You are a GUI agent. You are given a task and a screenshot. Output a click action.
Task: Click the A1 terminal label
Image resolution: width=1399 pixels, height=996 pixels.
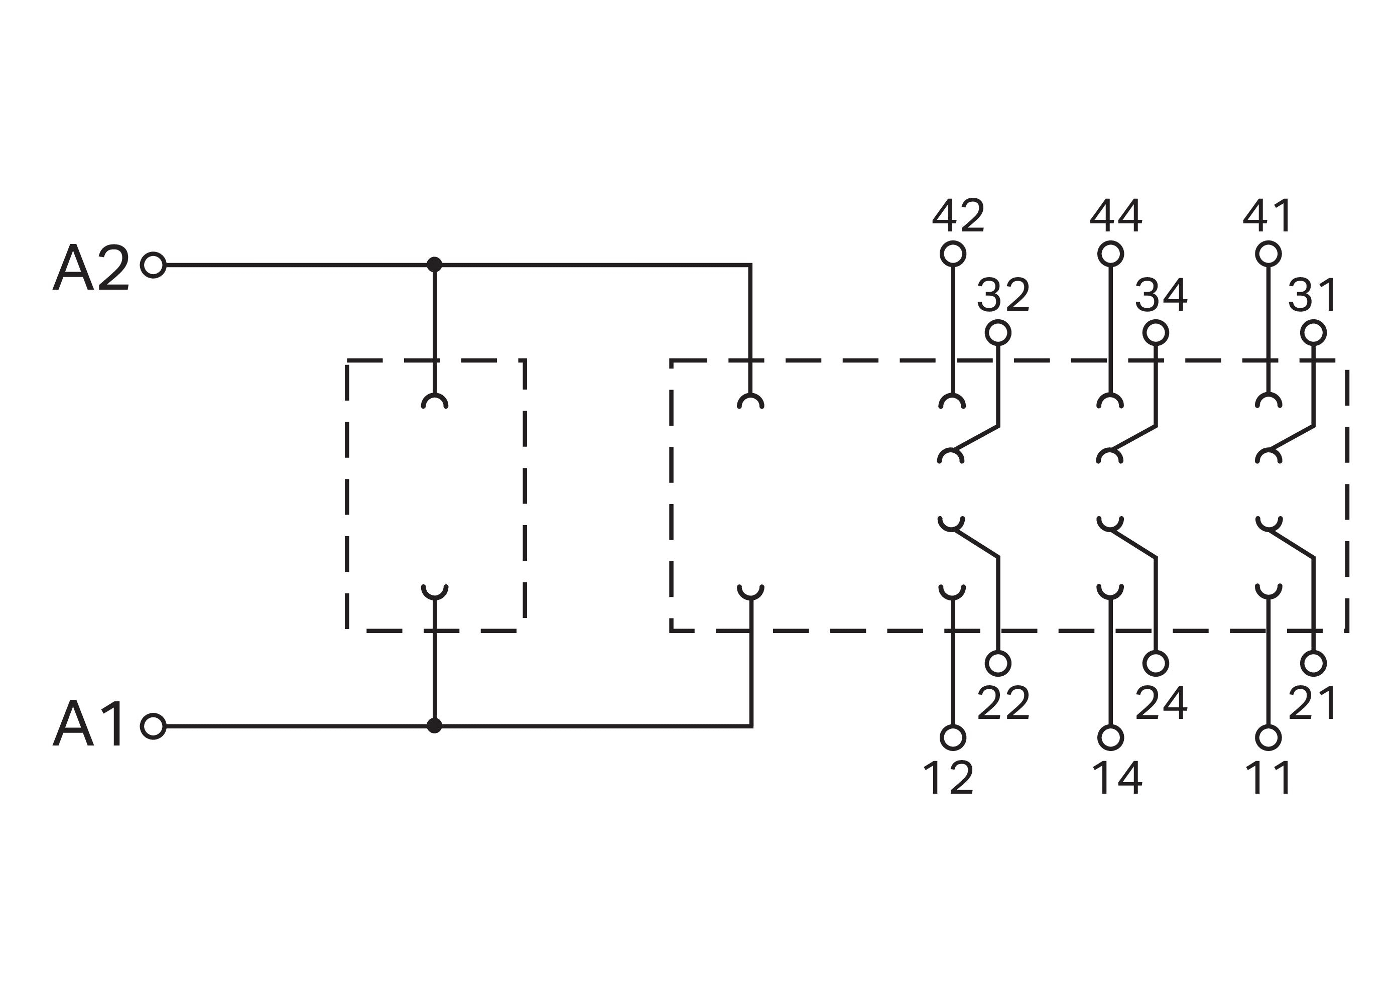click(89, 725)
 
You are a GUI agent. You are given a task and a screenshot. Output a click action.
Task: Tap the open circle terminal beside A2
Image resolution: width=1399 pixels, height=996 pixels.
click(153, 265)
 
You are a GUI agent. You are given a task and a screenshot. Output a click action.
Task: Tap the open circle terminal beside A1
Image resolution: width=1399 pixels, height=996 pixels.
click(153, 726)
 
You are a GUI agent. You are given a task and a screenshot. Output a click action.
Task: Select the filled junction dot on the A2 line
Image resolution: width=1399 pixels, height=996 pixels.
click(434, 265)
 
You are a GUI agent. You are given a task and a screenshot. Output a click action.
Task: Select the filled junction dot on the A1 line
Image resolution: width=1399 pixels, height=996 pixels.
click(434, 726)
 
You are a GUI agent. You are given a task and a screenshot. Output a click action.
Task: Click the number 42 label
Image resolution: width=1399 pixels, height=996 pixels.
click(958, 216)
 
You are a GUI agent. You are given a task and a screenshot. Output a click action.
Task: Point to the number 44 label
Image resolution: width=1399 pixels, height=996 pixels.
click(1116, 216)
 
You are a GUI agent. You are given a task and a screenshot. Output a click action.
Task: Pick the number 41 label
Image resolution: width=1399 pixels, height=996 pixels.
click(1268, 216)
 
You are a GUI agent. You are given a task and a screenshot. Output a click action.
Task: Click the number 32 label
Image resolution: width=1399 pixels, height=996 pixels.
click(1003, 296)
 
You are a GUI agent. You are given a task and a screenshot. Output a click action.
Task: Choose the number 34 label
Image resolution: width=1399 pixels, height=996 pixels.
click(1162, 296)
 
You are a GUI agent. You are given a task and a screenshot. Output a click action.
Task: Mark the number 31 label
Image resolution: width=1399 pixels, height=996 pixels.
click(1313, 296)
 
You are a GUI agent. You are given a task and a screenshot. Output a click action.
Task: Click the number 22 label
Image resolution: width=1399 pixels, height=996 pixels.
click(1003, 703)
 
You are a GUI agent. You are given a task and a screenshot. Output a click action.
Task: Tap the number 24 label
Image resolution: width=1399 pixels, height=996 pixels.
click(1162, 703)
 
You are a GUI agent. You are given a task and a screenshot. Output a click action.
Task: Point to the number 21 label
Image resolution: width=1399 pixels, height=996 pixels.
click(1313, 703)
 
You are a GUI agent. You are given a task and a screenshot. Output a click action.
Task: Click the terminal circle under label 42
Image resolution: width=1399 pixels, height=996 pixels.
click(953, 254)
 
